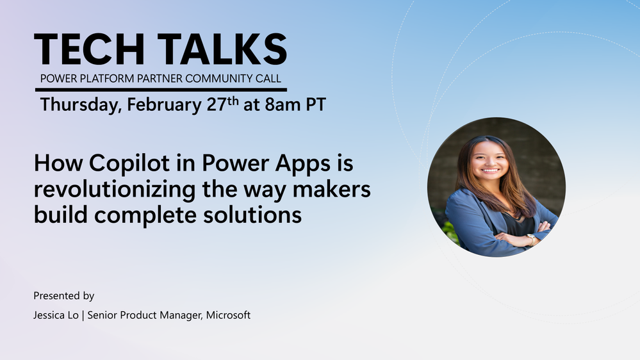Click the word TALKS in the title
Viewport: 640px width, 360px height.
[x=222, y=49]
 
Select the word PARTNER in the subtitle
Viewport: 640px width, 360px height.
[x=159, y=78]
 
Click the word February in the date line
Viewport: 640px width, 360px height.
[x=164, y=105]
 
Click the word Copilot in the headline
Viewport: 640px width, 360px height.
[x=129, y=163]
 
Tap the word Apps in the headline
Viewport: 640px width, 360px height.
[x=302, y=164]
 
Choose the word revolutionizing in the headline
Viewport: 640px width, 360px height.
[x=115, y=190]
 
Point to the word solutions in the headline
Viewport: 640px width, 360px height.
[x=252, y=215]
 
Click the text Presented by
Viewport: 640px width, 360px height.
[x=63, y=296]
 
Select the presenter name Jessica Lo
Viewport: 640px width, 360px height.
[x=56, y=315]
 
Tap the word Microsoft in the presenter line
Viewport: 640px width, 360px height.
[x=228, y=315]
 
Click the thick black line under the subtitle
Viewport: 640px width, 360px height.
[x=161, y=90]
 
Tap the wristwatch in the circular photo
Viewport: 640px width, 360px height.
[x=531, y=239]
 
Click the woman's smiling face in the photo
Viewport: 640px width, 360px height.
[x=489, y=160]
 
